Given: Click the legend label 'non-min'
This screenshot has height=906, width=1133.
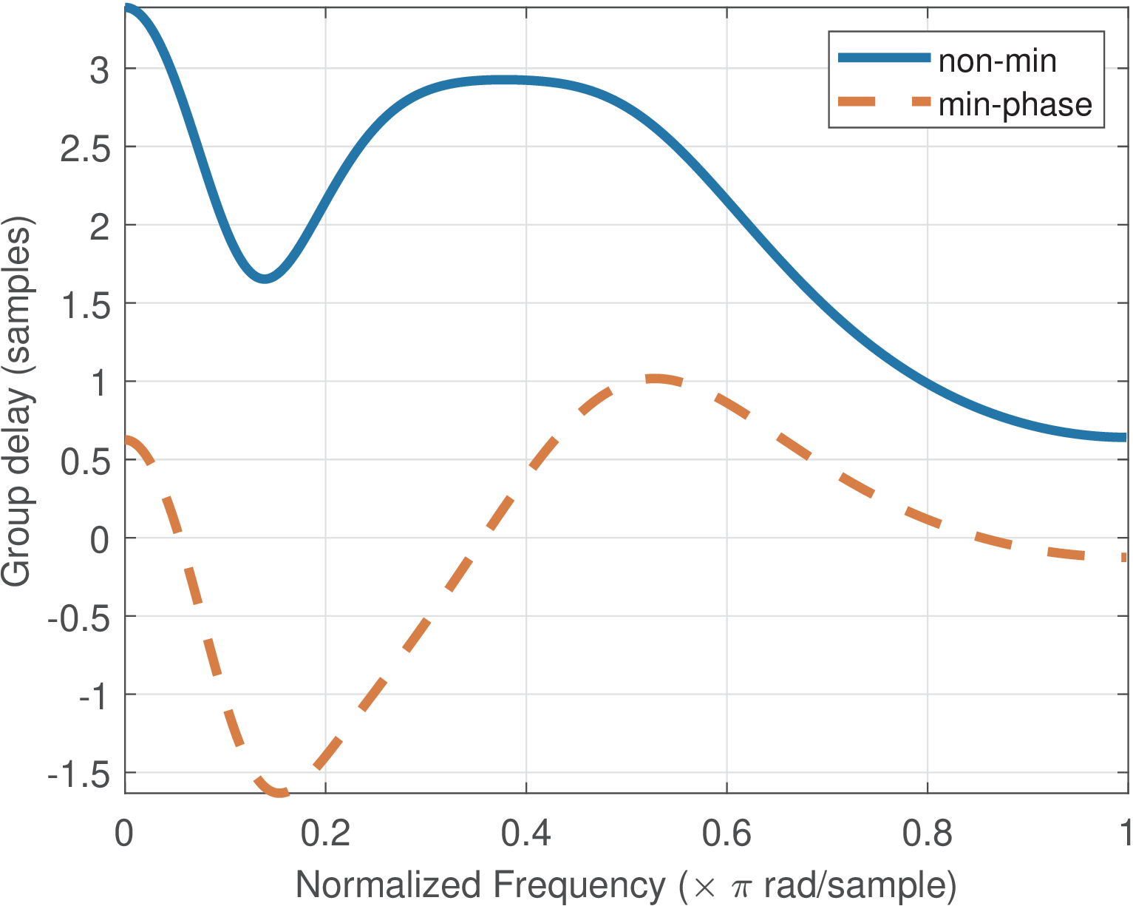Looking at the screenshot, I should [997, 61].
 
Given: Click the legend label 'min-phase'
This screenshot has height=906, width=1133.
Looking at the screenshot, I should [1015, 105].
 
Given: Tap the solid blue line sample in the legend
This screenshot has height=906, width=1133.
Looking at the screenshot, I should [883, 58].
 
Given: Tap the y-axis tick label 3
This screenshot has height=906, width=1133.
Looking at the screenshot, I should [99, 70].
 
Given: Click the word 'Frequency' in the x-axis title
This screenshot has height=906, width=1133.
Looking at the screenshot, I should [579, 885].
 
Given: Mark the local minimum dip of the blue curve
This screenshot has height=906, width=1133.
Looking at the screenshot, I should [264, 278].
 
